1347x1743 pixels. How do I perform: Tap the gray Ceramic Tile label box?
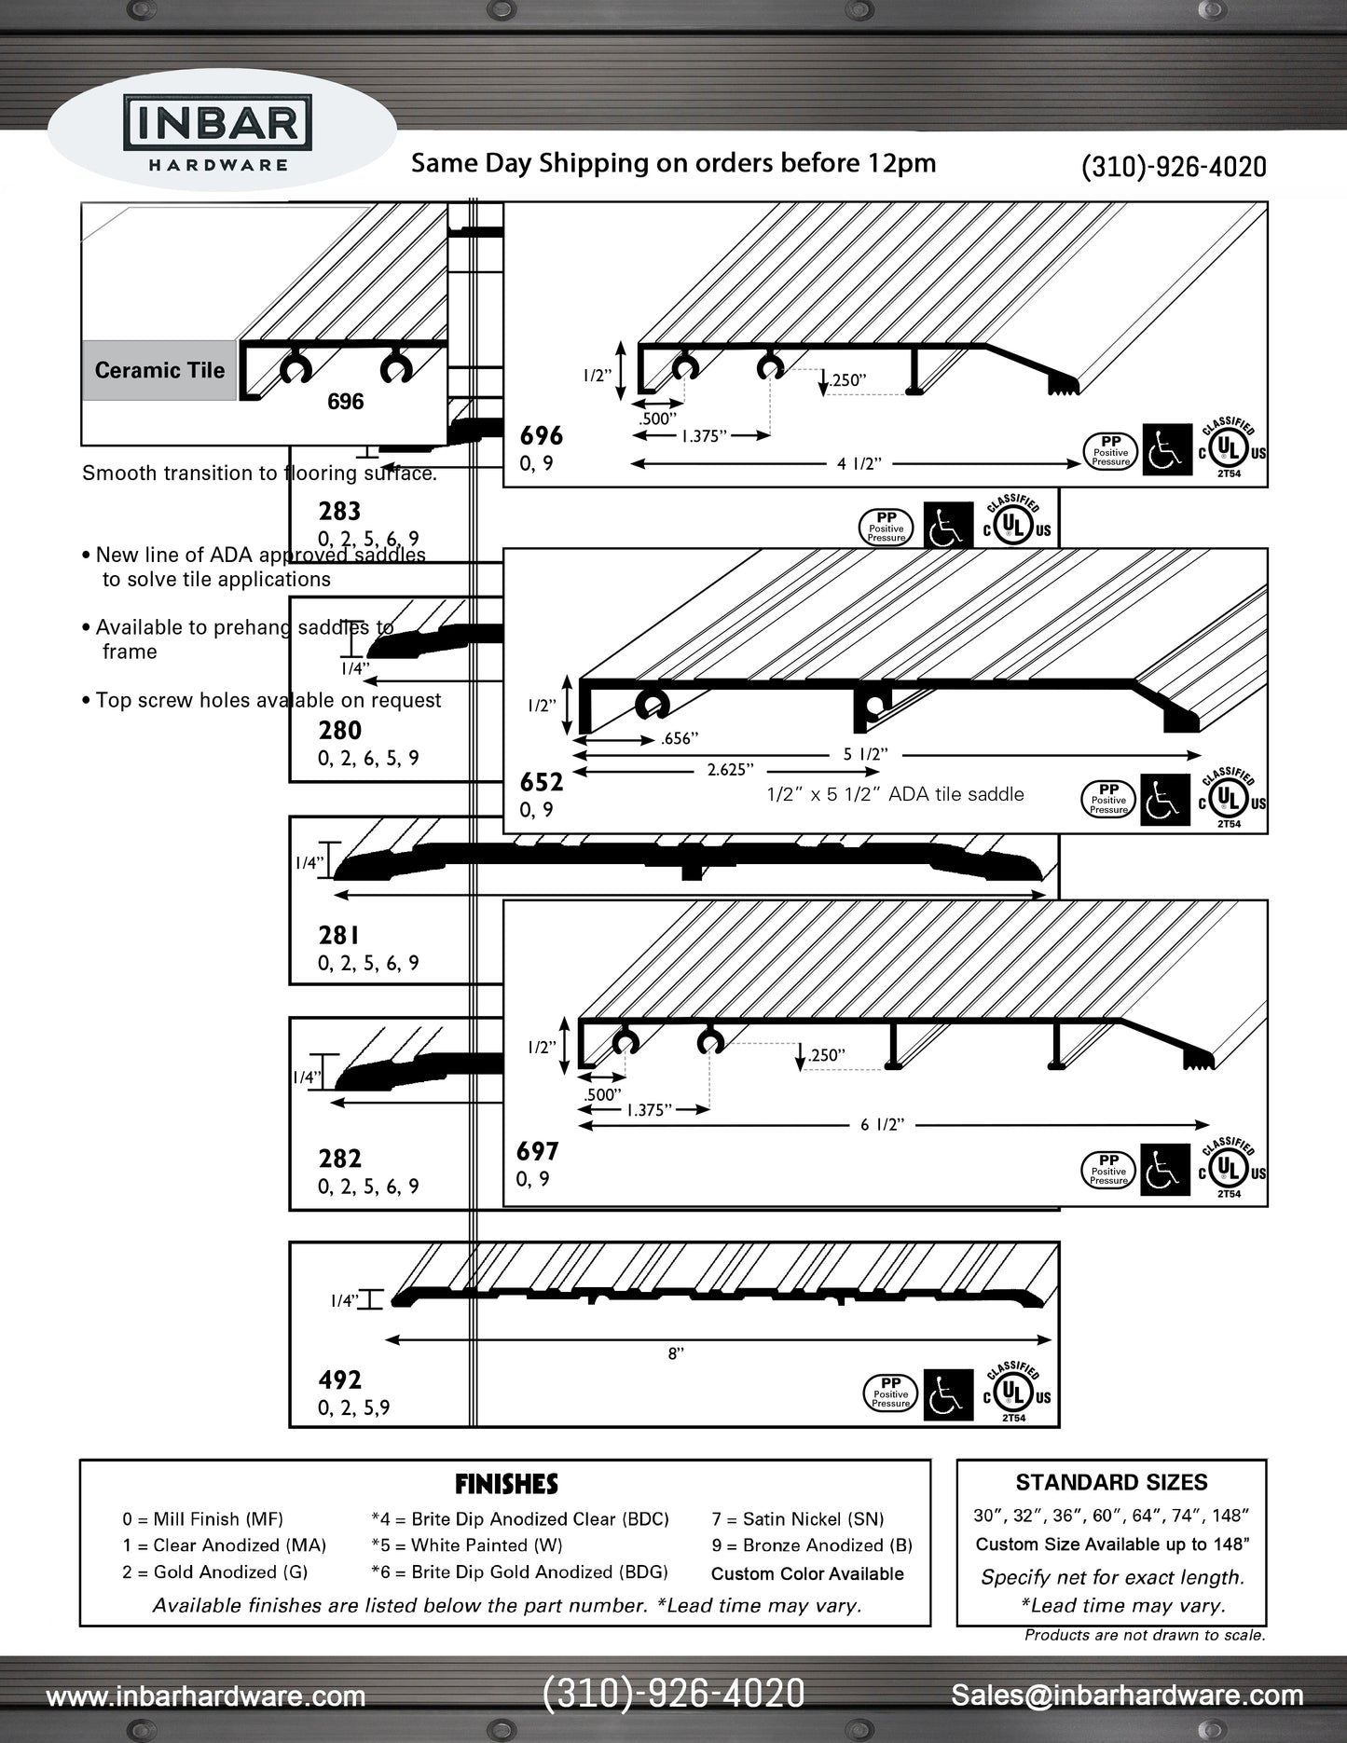click(x=159, y=370)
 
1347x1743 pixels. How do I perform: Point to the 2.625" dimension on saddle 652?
click(x=730, y=770)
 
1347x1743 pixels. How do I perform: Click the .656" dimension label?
click(x=679, y=739)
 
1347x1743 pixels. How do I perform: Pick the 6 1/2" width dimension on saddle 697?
click(x=882, y=1125)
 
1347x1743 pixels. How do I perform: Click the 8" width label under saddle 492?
click(x=676, y=1354)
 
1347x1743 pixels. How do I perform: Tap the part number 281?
click(x=338, y=935)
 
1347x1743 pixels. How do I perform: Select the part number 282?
click(x=339, y=1159)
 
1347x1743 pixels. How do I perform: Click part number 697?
click(x=537, y=1152)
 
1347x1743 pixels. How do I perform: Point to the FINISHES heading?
click(x=506, y=1484)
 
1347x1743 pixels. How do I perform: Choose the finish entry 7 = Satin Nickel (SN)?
click(x=797, y=1519)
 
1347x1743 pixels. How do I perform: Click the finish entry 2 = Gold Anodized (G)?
click(x=214, y=1572)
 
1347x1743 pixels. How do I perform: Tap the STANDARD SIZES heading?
click(x=1111, y=1483)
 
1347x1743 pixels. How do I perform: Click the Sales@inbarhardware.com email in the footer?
click(x=1127, y=1695)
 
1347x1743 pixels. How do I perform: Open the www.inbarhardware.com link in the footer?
click(x=206, y=1696)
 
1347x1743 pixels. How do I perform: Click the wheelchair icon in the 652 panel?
click(x=1164, y=800)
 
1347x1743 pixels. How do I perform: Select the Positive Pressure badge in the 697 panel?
click(x=1108, y=1170)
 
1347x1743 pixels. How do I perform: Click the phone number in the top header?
click(x=1173, y=167)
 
